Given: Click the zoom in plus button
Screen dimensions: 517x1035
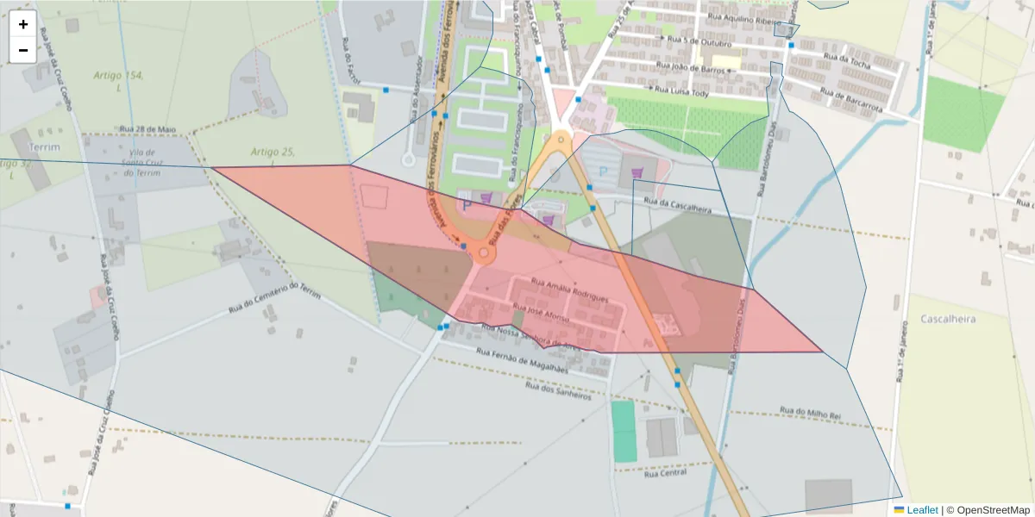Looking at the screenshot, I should tap(22, 24).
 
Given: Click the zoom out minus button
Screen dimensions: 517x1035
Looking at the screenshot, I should tap(22, 50).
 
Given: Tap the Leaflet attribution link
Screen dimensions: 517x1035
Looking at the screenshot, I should tap(922, 510).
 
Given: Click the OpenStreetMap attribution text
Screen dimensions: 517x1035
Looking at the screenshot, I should tap(993, 510).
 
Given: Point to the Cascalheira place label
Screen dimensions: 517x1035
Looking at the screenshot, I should tap(948, 319).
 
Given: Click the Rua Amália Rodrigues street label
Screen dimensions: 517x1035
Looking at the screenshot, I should tap(569, 290).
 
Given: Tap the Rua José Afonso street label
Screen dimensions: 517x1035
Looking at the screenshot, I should tap(541, 313).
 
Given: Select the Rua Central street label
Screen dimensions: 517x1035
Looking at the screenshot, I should tap(665, 473).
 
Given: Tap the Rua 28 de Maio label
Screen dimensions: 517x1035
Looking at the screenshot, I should tap(148, 129).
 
